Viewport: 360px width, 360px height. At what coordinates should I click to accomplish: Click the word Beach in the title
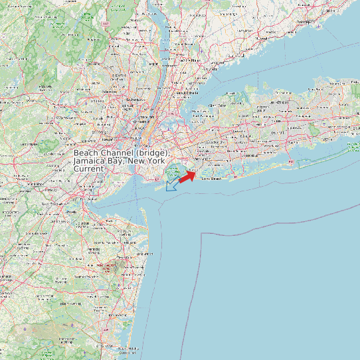[87, 153]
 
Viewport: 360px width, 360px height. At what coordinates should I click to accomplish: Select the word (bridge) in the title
[155, 153]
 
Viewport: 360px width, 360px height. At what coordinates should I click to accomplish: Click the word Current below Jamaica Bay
[89, 169]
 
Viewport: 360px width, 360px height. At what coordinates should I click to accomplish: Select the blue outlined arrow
[172, 184]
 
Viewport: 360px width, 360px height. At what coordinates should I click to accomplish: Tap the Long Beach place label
[211, 179]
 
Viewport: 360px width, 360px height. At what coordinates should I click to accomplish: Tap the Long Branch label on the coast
[143, 254]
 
